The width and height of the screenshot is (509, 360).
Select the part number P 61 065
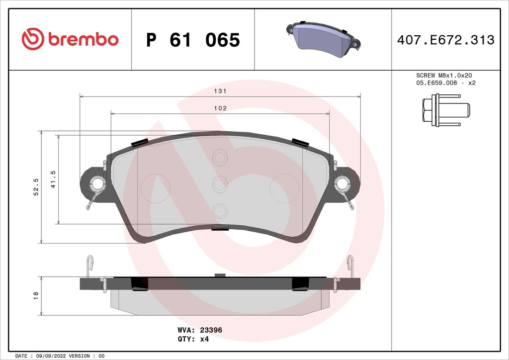coord(193,40)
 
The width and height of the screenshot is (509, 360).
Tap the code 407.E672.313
coord(445,40)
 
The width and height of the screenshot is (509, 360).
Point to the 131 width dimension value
coord(220,91)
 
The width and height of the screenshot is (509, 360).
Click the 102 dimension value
coord(220,108)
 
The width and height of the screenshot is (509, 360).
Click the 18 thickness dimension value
coord(36,295)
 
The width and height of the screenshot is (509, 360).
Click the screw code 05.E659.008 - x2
coord(445,83)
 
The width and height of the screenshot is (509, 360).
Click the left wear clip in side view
coord(89,266)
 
